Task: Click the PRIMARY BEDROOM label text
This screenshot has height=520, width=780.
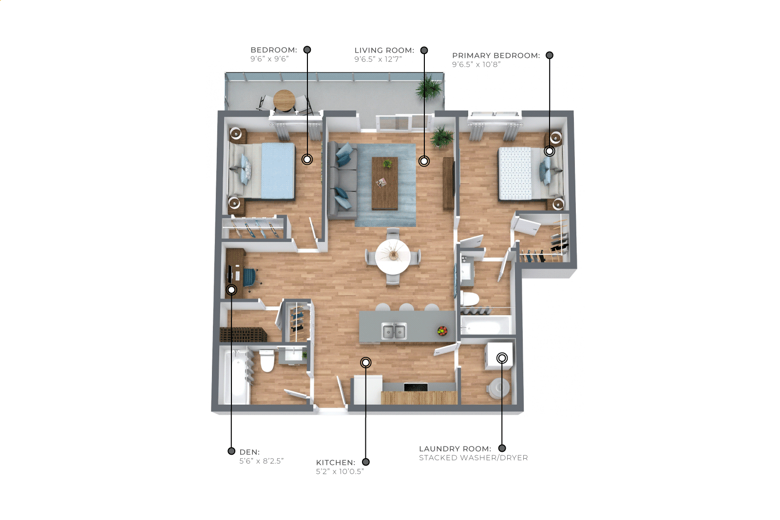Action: [496, 56]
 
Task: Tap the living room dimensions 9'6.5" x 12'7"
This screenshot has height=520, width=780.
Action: [378, 59]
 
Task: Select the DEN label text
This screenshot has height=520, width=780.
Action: [249, 452]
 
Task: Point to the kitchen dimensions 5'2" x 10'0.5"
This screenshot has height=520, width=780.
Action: [340, 472]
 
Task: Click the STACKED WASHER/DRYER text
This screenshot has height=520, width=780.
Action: [473, 458]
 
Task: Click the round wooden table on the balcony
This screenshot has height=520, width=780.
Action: [284, 100]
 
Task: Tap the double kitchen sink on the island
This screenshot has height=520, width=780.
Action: [394, 331]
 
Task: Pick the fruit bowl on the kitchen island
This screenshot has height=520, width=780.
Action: [442, 331]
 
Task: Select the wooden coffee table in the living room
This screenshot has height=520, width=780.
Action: [385, 184]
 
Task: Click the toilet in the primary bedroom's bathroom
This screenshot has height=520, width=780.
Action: [470, 298]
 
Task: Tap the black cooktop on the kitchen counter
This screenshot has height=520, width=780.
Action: [416, 387]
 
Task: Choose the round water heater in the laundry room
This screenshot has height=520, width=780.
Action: [499, 388]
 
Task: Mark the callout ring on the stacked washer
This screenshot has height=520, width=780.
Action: [502, 358]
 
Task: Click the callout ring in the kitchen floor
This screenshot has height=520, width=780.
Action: [365, 363]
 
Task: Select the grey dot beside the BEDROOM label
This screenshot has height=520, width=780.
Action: [307, 50]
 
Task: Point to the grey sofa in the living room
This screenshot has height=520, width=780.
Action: [342, 180]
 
